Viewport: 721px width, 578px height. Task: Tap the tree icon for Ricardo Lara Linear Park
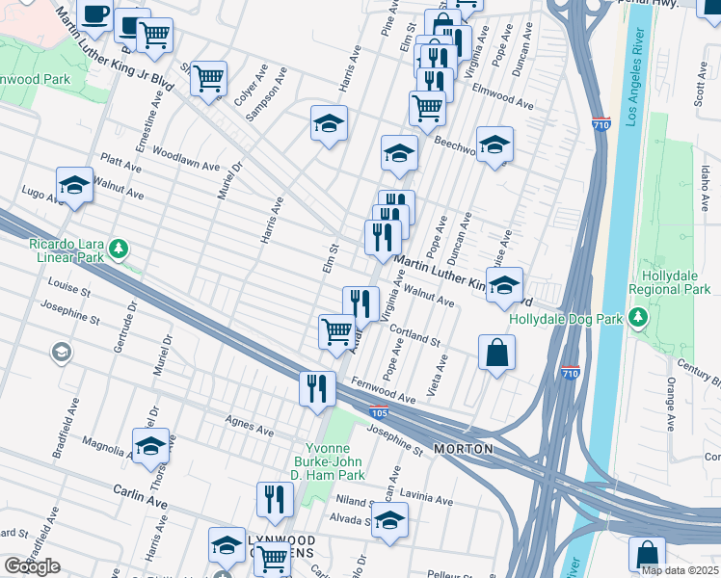(119, 250)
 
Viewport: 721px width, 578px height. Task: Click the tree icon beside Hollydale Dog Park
(637, 317)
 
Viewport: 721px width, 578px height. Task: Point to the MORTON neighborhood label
(464, 449)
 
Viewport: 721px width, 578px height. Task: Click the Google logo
(32, 565)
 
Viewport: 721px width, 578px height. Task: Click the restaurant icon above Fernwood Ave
(316, 387)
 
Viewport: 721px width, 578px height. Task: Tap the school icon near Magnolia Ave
(150, 446)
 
